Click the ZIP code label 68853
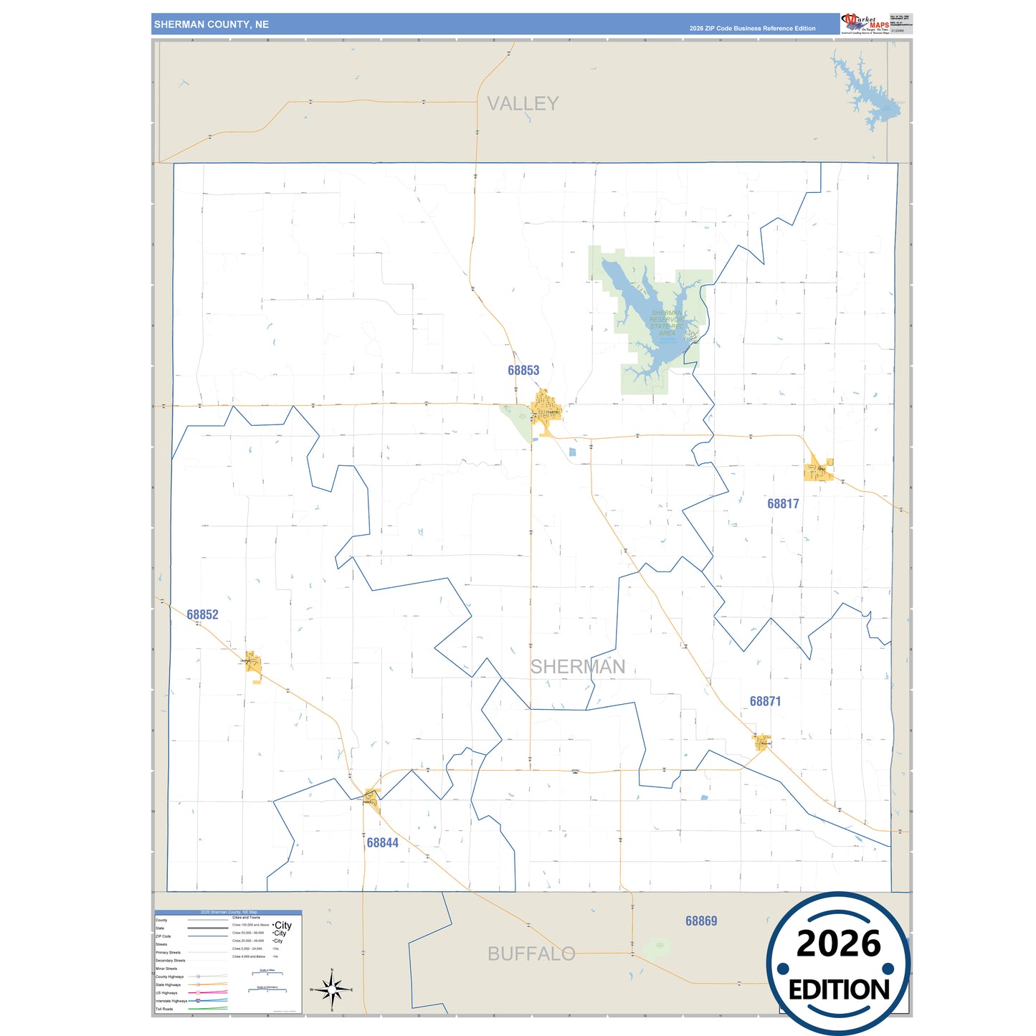click(523, 371)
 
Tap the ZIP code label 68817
click(783, 504)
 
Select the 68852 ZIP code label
click(202, 615)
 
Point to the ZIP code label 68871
click(765, 702)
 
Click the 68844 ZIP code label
click(382, 843)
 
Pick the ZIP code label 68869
click(700, 921)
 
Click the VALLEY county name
click(523, 104)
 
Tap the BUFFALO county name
click(531, 954)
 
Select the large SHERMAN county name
click(578, 667)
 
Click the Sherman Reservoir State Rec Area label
click(667, 323)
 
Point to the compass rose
click(332, 990)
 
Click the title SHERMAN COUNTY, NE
click(212, 24)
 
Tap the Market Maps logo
click(865, 24)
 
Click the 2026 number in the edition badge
click(838, 944)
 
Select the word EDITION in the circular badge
click(839, 990)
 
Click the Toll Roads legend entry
click(164, 1009)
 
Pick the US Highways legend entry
click(166, 993)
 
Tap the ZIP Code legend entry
click(163, 936)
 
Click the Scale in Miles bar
click(267, 973)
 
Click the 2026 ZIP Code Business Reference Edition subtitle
click(752, 29)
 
